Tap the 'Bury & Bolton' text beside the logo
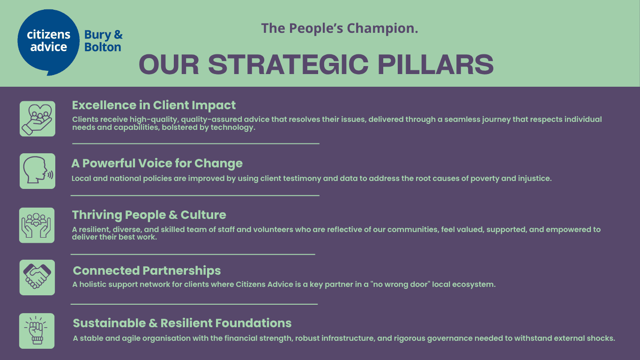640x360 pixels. (x=104, y=41)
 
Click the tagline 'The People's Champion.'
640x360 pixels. (x=339, y=28)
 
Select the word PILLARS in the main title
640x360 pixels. (x=436, y=65)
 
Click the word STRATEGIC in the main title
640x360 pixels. (x=288, y=65)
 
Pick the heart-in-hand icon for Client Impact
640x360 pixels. (x=37, y=119)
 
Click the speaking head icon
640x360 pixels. (x=37, y=171)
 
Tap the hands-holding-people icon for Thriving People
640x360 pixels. (x=37, y=225)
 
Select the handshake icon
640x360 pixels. (x=37, y=277)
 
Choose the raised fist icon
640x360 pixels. (x=37, y=331)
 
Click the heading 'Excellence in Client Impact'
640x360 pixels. (x=154, y=105)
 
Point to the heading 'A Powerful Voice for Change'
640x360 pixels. (x=157, y=163)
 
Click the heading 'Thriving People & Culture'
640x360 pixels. (x=149, y=215)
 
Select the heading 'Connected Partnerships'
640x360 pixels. (x=147, y=271)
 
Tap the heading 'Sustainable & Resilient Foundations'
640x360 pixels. (x=182, y=323)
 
